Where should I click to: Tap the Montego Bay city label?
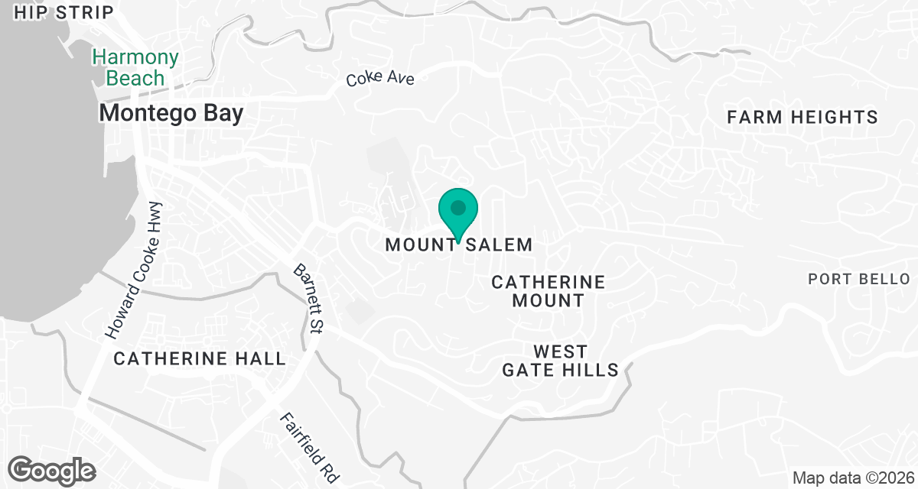171,114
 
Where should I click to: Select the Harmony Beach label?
135,67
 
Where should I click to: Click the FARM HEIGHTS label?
802,118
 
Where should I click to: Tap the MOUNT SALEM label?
458,244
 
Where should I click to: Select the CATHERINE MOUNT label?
548,291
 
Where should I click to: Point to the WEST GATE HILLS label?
560,361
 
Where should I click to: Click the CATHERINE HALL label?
200,358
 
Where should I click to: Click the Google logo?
52,469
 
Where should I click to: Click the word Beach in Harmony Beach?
135,78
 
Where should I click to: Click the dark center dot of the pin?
458,207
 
